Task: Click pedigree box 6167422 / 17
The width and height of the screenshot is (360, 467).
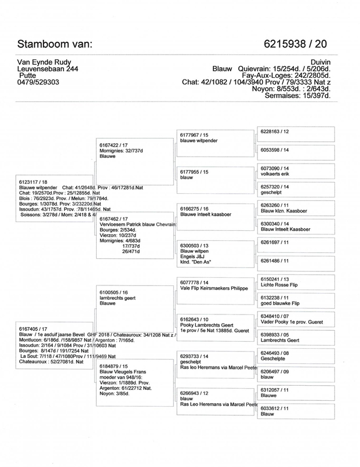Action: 114,144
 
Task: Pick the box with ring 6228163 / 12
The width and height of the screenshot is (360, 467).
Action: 275,131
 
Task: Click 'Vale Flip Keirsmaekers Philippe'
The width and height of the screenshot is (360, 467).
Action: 214,287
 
